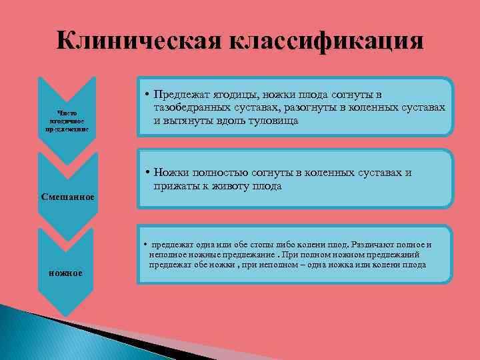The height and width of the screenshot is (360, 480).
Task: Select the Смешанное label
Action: pos(67,197)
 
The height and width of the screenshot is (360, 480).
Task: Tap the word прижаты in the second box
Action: pos(174,187)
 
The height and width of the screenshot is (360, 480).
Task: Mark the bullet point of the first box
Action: pos(146,95)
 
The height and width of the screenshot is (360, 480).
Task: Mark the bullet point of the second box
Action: pos(146,173)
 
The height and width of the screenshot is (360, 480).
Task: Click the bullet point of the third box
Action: pos(145,244)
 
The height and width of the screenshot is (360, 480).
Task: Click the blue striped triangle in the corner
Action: pos(40,333)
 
